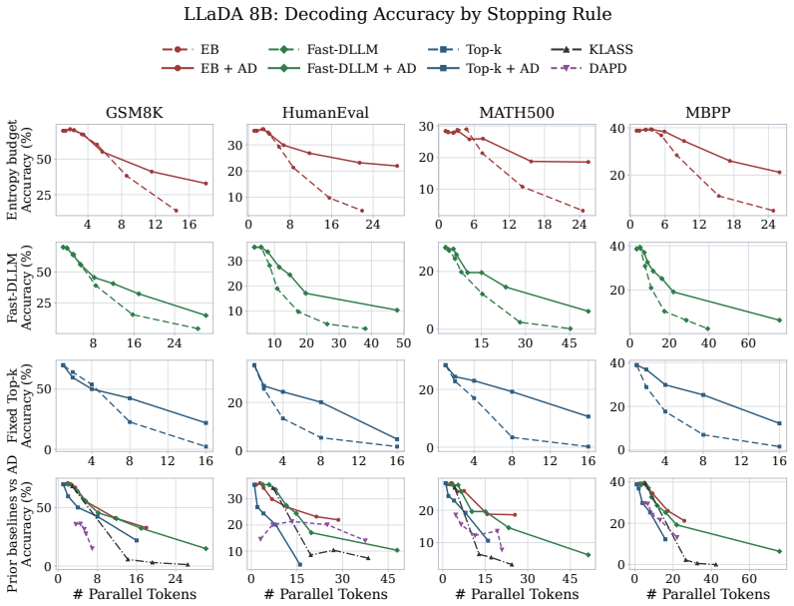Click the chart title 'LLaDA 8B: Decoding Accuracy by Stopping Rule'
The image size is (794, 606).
point(398,14)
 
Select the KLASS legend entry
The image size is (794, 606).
point(592,49)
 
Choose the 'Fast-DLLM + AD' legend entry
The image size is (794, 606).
point(342,68)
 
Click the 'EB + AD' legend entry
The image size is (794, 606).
point(209,68)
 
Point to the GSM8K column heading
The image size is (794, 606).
point(135,113)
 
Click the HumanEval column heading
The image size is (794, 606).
point(325,113)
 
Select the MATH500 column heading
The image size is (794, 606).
point(517,113)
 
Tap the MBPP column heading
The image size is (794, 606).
point(708,113)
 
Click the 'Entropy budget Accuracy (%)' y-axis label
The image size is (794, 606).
point(19,170)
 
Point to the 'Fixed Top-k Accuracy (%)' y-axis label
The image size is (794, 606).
point(19,405)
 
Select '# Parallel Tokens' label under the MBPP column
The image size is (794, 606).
point(708,594)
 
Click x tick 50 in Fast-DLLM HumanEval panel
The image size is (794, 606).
point(403,343)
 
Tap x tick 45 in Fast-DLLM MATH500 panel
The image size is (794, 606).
point(570,343)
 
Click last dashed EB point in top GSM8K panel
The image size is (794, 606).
point(177,211)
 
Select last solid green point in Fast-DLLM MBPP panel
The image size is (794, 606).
point(779,320)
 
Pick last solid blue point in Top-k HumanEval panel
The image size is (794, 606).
point(397,439)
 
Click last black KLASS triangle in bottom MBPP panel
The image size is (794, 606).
point(715,564)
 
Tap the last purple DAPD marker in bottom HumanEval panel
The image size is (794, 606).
point(365,541)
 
